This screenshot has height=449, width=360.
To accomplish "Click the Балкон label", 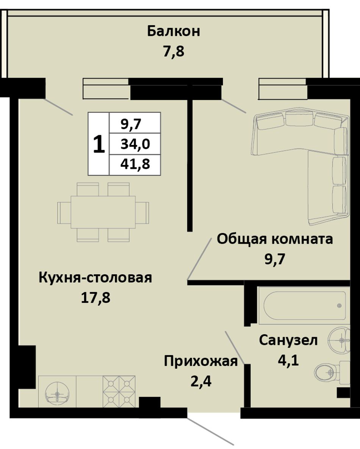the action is pyautogui.click(x=174, y=31).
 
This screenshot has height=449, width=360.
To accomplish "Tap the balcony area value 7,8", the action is pyautogui.click(x=174, y=52).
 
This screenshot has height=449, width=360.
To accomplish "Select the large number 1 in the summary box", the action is pyautogui.click(x=99, y=144).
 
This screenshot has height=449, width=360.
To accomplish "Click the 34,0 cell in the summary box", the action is pyautogui.click(x=135, y=144).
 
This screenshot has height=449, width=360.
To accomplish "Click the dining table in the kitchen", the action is pyautogui.click(x=103, y=212).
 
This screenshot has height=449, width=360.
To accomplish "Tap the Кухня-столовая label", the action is pyautogui.click(x=95, y=278).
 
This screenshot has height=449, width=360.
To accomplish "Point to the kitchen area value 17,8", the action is pyautogui.click(x=95, y=298).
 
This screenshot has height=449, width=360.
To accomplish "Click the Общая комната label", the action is pyautogui.click(x=275, y=239).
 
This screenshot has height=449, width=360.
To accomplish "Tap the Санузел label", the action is pyautogui.click(x=288, y=341).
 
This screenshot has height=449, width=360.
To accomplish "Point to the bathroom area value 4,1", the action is pyautogui.click(x=288, y=360).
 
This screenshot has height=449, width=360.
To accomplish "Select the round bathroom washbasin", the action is pyautogui.click(x=340, y=340).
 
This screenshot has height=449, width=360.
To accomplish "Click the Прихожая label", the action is pyautogui.click(x=201, y=361).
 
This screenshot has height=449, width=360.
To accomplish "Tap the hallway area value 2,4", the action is pyautogui.click(x=201, y=381).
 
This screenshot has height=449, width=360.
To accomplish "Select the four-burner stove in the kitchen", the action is pyautogui.click(x=119, y=391).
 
